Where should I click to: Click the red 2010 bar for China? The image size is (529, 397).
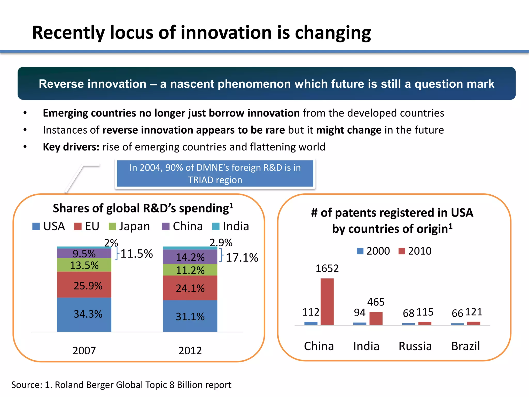coord(327,302)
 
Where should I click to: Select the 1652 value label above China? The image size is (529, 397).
coord(327,269)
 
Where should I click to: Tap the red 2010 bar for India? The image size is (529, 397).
coord(376,318)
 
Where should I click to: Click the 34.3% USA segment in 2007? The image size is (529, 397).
coord(84,314)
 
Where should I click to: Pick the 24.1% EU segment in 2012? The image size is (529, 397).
coord(190,288)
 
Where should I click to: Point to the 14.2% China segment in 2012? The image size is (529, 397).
coord(190,257)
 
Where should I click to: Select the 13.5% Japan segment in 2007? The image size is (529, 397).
coord(84,265)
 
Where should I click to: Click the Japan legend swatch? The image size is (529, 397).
coord(112,226)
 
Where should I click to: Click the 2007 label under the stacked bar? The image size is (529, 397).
coord(84,350)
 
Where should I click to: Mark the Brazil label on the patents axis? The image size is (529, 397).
coord(465,346)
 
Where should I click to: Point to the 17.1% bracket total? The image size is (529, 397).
coord(242,258)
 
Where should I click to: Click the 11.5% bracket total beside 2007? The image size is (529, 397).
coord(137,254)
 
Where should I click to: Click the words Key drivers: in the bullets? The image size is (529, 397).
coord(71,147)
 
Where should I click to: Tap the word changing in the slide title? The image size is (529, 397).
coord(333,33)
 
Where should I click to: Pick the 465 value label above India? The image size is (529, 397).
coord(376,302)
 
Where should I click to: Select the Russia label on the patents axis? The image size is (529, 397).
coord(415,346)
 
